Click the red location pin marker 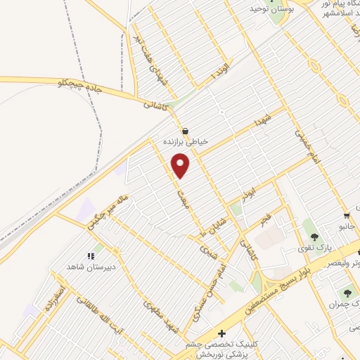click(181, 165)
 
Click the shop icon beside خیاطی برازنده click(185, 130)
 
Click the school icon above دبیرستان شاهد click(90, 256)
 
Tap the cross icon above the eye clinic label click(222, 333)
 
